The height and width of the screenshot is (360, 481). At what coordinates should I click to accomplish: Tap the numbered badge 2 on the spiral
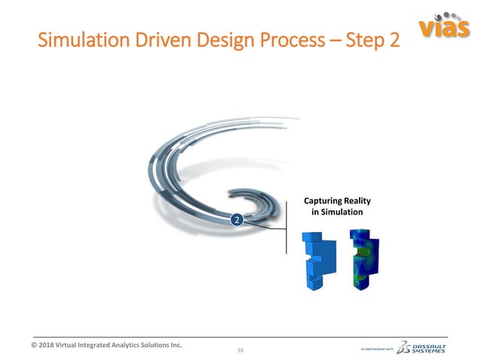[x=237, y=220]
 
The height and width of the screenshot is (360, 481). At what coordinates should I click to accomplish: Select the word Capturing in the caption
[x=326, y=201]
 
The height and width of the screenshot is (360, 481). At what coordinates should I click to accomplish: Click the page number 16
[x=240, y=350]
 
